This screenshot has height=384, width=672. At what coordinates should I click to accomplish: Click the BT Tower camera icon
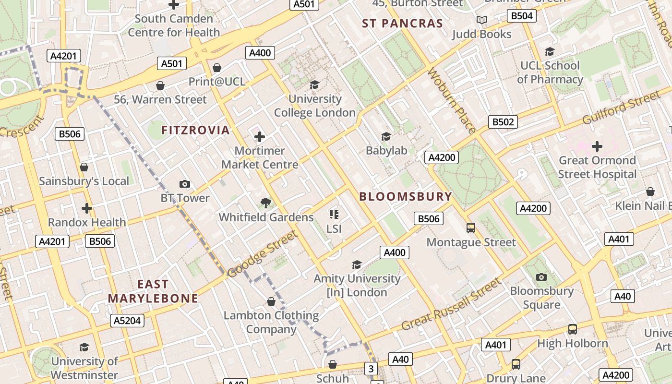tap(184, 184)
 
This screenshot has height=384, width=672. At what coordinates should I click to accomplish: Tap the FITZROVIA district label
tap(195, 130)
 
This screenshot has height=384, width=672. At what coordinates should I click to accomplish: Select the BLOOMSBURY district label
tap(406, 196)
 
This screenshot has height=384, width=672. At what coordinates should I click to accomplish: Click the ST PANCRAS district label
tap(402, 24)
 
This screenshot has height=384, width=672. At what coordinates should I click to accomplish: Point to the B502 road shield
tap(503, 122)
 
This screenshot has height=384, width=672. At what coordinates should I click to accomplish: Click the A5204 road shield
tap(127, 321)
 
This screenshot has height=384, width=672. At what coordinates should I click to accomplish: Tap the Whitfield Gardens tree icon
tap(265, 203)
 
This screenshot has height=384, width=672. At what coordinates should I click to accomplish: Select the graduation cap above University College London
tap(314, 84)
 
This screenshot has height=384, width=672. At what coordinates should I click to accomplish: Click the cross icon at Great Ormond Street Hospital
tap(597, 146)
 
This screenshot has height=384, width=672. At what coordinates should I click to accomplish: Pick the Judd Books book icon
tap(481, 20)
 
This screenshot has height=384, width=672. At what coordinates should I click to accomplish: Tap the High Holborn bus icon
tap(572, 329)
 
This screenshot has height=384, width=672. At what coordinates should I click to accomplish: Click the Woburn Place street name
tap(451, 100)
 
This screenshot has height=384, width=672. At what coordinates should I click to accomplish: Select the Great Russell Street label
tap(451, 304)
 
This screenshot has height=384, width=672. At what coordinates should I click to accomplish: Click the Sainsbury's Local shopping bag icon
tap(84, 167)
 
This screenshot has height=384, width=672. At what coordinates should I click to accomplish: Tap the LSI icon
tap(334, 214)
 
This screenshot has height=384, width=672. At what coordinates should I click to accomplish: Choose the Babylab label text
tap(386, 151)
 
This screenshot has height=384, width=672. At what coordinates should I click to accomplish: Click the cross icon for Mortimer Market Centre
tap(260, 137)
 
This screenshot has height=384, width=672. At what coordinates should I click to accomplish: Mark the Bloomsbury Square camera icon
tap(541, 277)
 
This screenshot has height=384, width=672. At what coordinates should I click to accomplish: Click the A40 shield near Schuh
tap(400, 359)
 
